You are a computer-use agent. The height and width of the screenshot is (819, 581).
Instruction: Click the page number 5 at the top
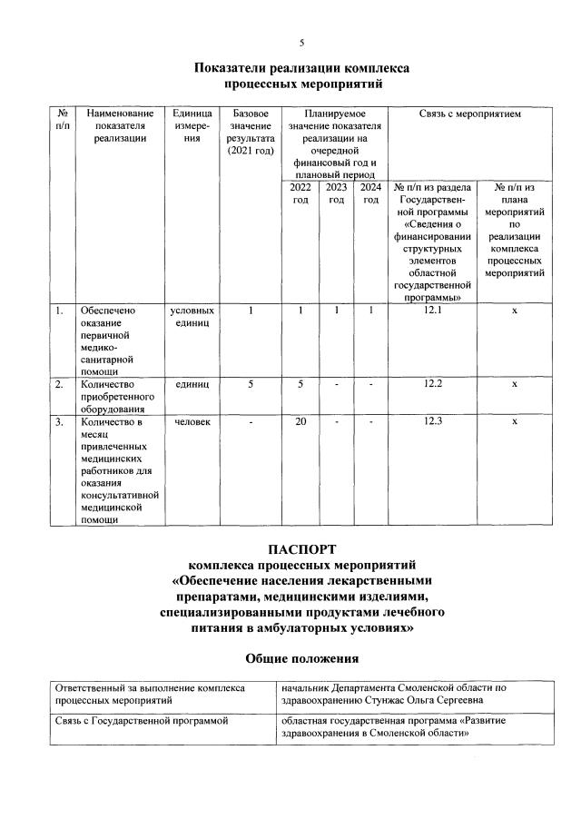pos(302,43)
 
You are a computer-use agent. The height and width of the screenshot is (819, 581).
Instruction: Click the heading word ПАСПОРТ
pos(302,549)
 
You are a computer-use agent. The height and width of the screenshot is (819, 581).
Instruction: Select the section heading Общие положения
pos(302,656)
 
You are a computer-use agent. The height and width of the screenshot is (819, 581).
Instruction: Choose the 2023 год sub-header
pos(336,193)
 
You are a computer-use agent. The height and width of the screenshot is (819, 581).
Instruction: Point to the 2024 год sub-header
pos(370,193)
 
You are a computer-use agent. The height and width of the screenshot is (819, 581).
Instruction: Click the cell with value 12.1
pos(433,311)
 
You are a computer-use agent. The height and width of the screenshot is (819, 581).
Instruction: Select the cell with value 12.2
pos(433,384)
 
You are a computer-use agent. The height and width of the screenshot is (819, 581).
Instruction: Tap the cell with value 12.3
pos(433,420)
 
